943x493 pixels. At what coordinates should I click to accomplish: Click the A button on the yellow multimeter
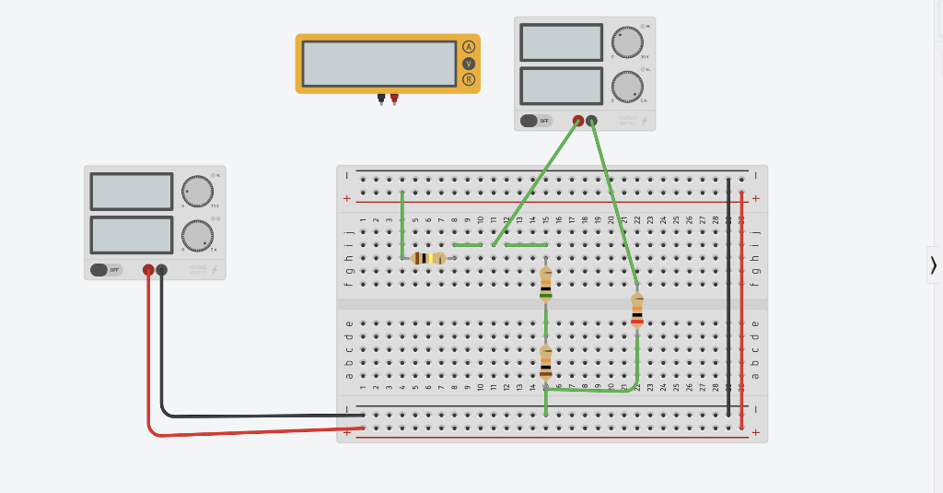pos(468,47)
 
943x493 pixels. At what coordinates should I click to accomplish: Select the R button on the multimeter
pos(468,79)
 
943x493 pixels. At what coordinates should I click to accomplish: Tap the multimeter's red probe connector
pos(394,97)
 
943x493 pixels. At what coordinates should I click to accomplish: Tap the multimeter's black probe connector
pos(381,97)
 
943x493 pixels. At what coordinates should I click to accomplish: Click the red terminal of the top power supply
pos(578,121)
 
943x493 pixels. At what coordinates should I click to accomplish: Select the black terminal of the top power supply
pos(591,121)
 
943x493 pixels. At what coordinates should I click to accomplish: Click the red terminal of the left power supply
pos(148,270)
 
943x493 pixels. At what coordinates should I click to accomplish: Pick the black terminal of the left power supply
pos(161,270)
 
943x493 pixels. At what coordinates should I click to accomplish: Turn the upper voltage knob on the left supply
pos(197,191)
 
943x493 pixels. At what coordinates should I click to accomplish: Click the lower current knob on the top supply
pos(627,87)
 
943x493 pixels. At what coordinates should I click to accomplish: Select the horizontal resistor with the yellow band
pos(428,258)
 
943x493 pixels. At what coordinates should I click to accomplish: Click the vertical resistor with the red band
pos(637,310)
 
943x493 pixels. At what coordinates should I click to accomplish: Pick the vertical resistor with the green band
pos(546,284)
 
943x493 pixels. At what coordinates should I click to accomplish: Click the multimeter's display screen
pos(378,64)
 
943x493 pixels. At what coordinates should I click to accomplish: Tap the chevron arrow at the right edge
pos(933,265)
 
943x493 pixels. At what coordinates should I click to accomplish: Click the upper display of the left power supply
pos(132,192)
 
